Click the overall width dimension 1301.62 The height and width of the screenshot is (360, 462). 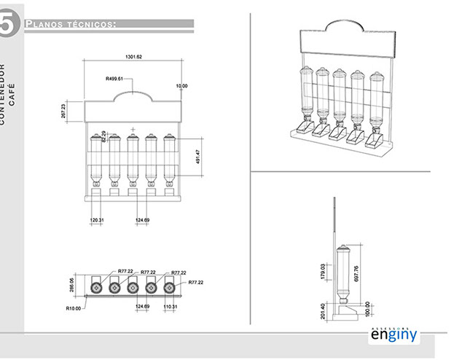133,56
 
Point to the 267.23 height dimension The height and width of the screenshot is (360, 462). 63,110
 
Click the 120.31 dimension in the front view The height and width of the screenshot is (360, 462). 97,219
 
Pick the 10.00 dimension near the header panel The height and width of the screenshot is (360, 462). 181,86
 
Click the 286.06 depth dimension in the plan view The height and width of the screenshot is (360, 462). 71,284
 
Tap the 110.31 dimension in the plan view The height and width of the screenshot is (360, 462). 171,307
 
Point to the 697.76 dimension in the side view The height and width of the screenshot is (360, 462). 377,273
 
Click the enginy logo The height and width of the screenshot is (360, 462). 393,338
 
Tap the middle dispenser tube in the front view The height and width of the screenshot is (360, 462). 133,160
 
